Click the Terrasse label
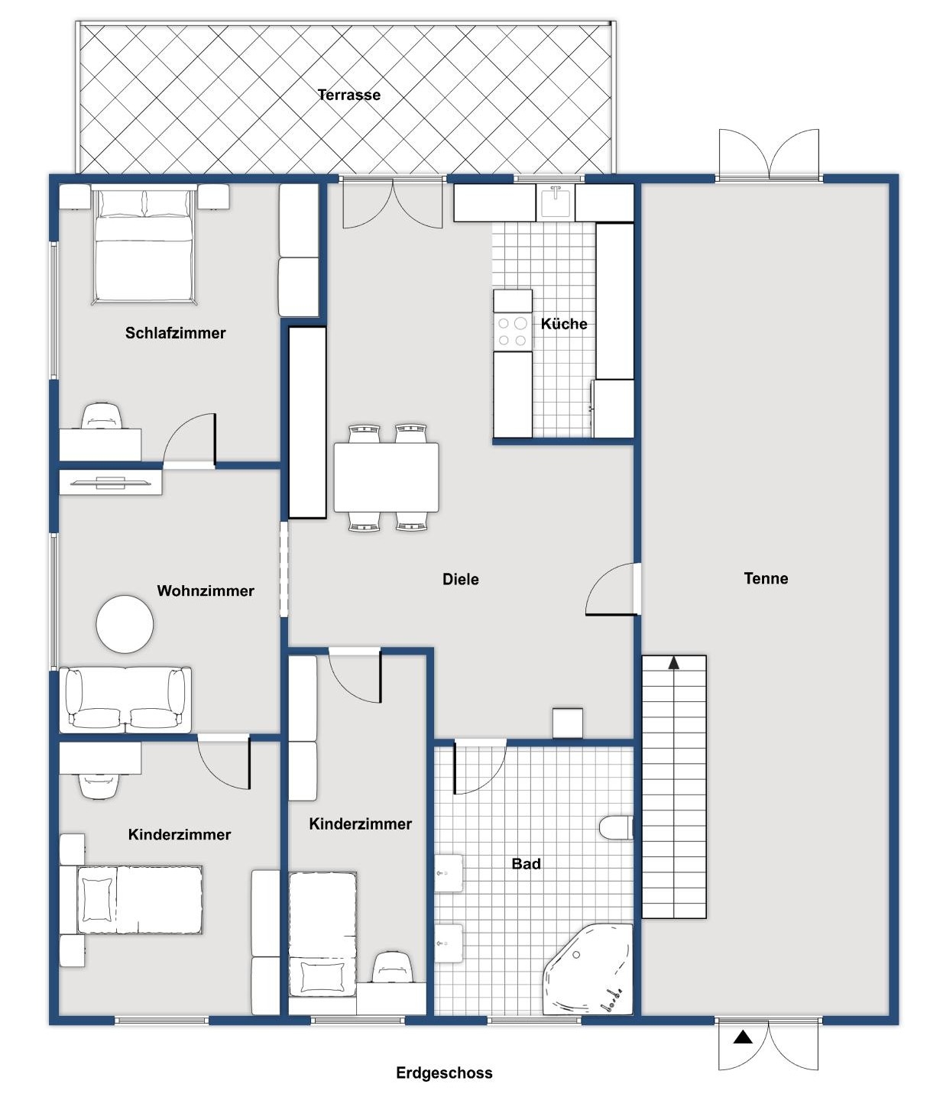(348, 95)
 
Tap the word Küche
(564, 324)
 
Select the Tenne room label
(766, 578)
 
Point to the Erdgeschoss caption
(444, 1072)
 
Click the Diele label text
(461, 579)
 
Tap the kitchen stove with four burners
(512, 332)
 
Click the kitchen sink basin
(556, 202)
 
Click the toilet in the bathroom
(616, 828)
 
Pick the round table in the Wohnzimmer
(125, 623)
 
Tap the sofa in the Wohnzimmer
(125, 699)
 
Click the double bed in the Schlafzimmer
(143, 244)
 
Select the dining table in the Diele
(386, 477)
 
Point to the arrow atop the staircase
(674, 662)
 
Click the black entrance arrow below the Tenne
(742, 1037)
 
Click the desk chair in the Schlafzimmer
(101, 416)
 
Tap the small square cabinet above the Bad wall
(568, 723)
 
